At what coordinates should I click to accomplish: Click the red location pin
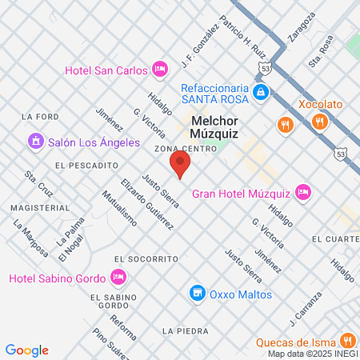(180, 165)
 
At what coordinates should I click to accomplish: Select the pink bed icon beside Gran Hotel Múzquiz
(302, 192)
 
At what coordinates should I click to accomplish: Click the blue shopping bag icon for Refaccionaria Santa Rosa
(260, 94)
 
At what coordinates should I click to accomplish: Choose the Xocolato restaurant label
(322, 104)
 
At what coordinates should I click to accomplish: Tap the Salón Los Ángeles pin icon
(34, 142)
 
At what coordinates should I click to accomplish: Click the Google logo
(26, 350)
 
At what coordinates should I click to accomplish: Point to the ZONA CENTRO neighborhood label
(186, 149)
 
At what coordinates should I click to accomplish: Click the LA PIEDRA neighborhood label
(179, 330)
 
